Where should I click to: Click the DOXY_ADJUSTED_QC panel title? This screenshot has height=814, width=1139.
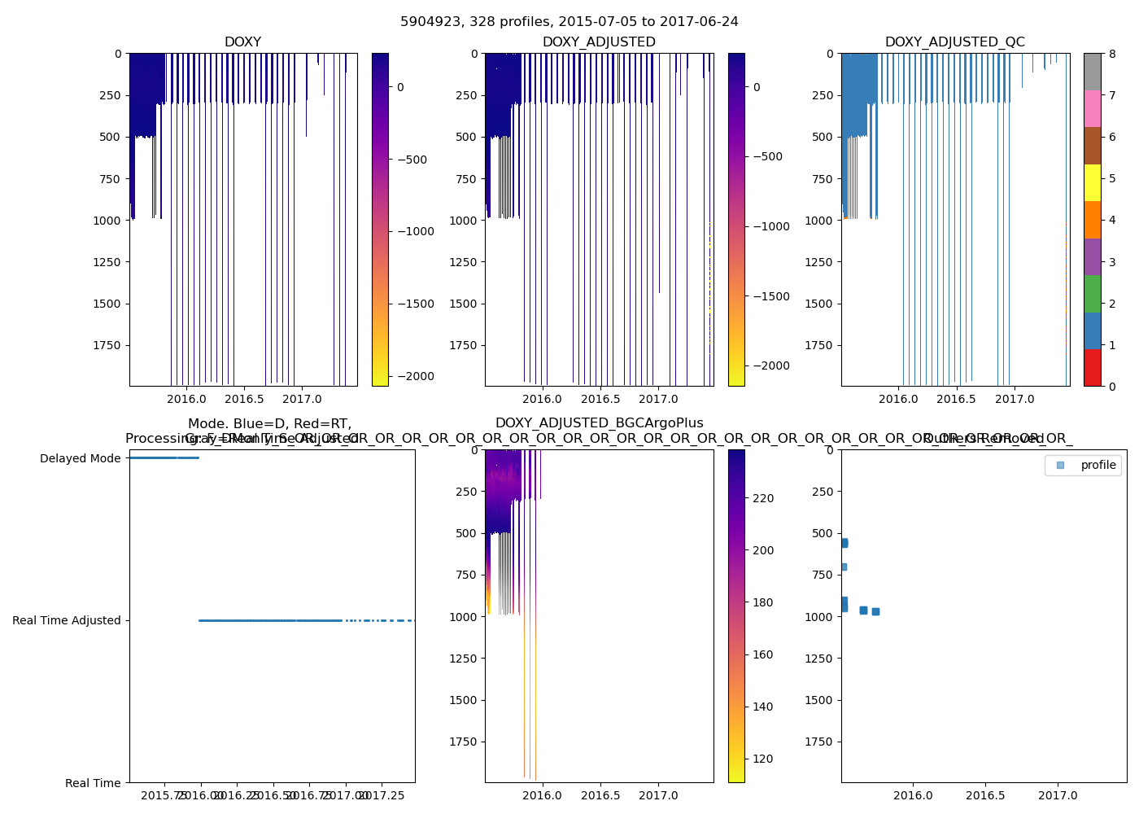pyautogui.click(x=954, y=42)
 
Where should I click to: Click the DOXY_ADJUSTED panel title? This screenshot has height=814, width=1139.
pyautogui.click(x=599, y=42)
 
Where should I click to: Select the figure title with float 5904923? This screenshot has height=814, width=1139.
pyautogui.click(x=569, y=22)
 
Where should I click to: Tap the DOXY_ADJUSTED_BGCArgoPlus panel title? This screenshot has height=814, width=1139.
pyautogui.click(x=599, y=423)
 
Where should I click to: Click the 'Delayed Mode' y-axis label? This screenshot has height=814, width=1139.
pyautogui.click(x=80, y=458)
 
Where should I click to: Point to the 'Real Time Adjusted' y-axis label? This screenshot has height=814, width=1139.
pyautogui.click(x=66, y=620)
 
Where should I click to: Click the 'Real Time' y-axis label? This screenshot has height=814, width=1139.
pyautogui.click(x=93, y=783)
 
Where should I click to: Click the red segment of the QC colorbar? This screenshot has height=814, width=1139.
pyautogui.click(x=1092, y=368)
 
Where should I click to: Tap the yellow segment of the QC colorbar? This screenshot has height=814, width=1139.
pyautogui.click(x=1092, y=182)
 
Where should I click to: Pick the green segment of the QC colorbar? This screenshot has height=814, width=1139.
pyautogui.click(x=1092, y=294)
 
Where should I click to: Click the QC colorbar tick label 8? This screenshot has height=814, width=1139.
pyautogui.click(x=1111, y=54)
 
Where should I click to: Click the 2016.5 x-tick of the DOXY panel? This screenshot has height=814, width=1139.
pyautogui.click(x=244, y=399)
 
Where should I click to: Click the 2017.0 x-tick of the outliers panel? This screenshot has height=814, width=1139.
pyautogui.click(x=1058, y=795)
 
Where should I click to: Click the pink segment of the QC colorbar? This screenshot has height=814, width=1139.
pyautogui.click(x=1092, y=108)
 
